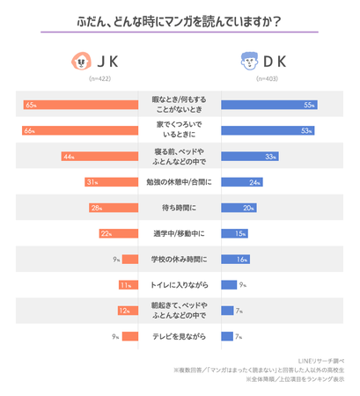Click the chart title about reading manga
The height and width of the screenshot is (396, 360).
click(x=180, y=19)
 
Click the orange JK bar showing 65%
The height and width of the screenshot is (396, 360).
click(x=81, y=105)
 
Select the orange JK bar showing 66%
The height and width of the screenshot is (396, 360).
click(x=80, y=130)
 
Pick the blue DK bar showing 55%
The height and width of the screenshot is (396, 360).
click(x=268, y=105)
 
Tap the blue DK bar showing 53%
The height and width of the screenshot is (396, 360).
click(x=267, y=130)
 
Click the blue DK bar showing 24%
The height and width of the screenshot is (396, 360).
click(x=241, y=182)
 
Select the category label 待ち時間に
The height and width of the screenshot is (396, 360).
click(x=180, y=208)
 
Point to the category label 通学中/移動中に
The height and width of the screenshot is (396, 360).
click(x=180, y=233)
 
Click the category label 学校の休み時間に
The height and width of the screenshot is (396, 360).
click(x=180, y=259)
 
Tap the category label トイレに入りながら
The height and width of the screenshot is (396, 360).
click(x=180, y=285)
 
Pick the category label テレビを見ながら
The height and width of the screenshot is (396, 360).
click(x=180, y=336)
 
